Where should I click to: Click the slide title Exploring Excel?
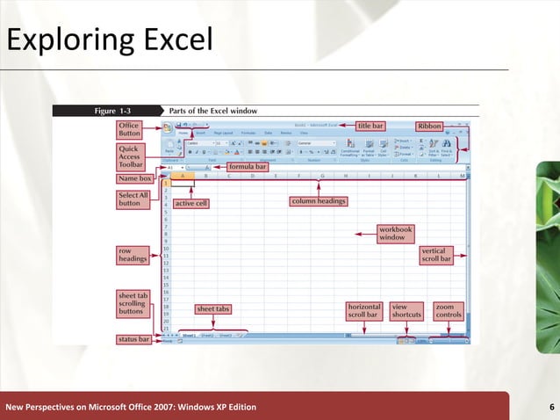pyautogui.click(x=108, y=39)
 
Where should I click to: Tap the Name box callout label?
pyautogui.click(x=135, y=178)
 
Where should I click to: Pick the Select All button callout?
pyautogui.click(x=133, y=199)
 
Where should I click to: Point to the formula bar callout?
pyautogui.click(x=247, y=165)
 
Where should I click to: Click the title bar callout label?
pyautogui.click(x=370, y=126)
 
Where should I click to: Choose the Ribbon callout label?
pyautogui.click(x=429, y=126)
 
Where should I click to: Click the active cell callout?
pyautogui.click(x=190, y=204)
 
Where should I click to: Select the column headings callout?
pyautogui.click(x=318, y=201)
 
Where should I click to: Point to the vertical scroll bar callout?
pyautogui.click(x=435, y=255)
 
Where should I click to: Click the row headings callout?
pyautogui.click(x=133, y=255)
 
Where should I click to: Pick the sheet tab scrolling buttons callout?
pyautogui.click(x=134, y=303)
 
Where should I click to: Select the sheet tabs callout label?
pyautogui.click(x=213, y=309)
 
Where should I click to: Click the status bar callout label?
pyautogui.click(x=134, y=338)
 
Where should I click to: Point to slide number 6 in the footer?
pyautogui.click(x=550, y=407)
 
